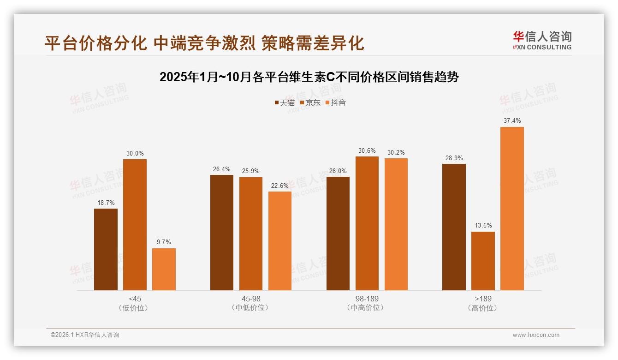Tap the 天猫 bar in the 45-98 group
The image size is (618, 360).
(x=222, y=233)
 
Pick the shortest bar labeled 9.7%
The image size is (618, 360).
(x=164, y=269)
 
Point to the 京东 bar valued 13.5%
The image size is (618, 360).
(x=483, y=261)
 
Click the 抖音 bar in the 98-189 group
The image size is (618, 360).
(x=396, y=224)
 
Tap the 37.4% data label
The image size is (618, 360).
(x=512, y=121)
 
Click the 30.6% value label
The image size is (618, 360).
(x=367, y=150)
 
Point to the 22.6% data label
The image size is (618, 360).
(x=280, y=186)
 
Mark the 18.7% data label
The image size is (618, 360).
(x=106, y=203)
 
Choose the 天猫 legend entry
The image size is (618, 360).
(x=285, y=103)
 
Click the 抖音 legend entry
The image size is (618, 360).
(x=336, y=103)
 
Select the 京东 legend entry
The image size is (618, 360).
(x=310, y=103)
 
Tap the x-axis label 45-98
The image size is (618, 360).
(x=251, y=299)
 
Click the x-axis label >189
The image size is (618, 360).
(x=483, y=299)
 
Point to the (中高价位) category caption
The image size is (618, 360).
(x=367, y=308)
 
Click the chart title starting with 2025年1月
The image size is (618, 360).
(x=309, y=77)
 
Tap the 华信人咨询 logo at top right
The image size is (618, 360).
(x=542, y=40)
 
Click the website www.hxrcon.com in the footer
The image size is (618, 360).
(x=536, y=335)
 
